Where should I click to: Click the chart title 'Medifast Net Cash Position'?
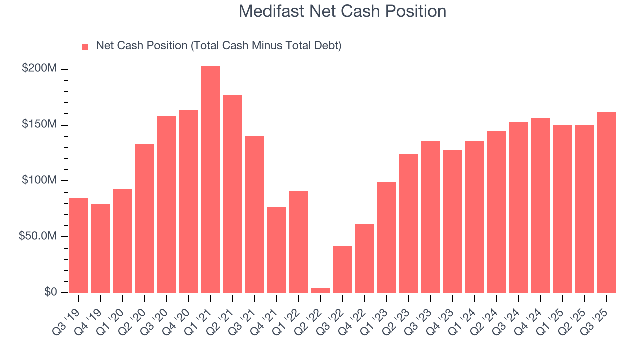(342, 11)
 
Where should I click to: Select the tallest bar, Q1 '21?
(211, 179)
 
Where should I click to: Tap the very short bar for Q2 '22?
(320, 290)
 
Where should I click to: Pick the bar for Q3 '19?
(79, 245)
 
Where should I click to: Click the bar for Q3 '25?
(606, 202)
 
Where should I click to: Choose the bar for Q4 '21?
(276, 249)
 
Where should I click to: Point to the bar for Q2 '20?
(145, 218)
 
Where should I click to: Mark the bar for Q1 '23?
(386, 237)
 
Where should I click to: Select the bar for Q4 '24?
(540, 205)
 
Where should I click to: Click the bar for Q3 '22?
(342, 269)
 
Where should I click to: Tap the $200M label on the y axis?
(39, 68)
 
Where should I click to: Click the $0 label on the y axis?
(50, 292)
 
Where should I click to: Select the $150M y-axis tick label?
(39, 124)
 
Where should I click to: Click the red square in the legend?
(85, 46)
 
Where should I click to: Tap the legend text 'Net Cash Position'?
(218, 46)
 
